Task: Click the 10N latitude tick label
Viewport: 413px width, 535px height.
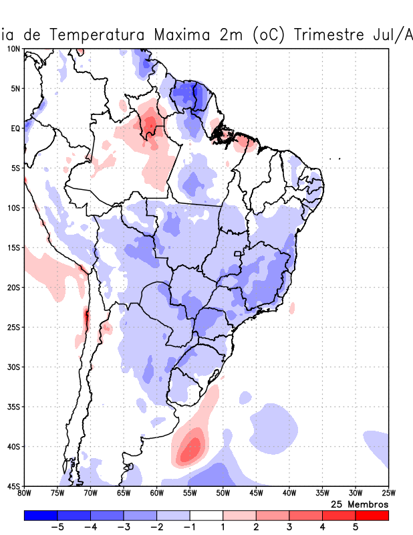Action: coord(13,49)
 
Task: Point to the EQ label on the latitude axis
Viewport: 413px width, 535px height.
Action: coord(15,128)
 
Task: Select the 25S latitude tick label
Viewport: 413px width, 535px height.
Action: coord(13,327)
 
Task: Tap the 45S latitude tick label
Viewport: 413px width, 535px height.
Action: coord(13,486)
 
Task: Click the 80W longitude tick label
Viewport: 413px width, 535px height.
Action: coord(24,494)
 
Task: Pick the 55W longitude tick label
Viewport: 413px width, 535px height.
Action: coord(190,494)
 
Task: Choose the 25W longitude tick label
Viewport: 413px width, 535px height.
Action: coord(388,494)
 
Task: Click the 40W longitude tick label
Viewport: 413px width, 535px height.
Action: coord(289,494)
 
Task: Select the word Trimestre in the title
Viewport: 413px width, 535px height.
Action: coord(321,33)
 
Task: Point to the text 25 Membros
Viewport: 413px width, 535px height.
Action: coord(360,504)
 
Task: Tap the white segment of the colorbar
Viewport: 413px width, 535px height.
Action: coord(206,515)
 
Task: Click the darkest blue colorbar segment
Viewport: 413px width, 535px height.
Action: coord(40,515)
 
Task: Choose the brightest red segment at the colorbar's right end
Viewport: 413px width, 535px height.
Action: coord(372,515)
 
